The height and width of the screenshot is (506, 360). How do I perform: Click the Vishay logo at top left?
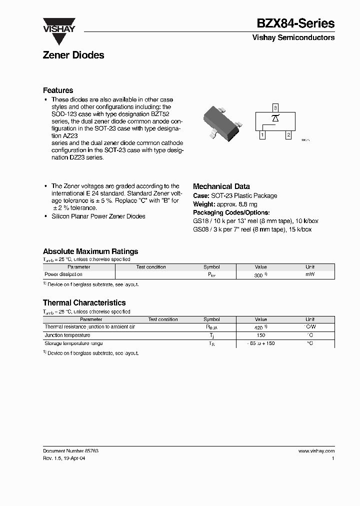click(x=58, y=25)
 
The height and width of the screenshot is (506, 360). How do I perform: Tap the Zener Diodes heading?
click(x=73, y=55)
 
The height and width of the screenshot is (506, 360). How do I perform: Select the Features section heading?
click(x=58, y=90)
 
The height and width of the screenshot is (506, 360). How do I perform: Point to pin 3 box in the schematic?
click(x=275, y=107)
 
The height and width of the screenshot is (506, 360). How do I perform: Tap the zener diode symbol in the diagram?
click(x=275, y=118)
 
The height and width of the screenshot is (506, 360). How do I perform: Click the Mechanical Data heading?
click(x=221, y=186)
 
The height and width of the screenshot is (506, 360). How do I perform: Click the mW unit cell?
click(x=310, y=274)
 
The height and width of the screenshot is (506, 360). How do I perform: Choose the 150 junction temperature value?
click(x=260, y=335)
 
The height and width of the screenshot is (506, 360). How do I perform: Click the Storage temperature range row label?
click(x=73, y=343)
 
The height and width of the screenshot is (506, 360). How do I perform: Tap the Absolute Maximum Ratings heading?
click(x=90, y=251)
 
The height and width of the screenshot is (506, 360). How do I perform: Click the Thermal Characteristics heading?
click(x=84, y=303)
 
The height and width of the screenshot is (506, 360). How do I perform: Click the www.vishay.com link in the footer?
click(x=316, y=450)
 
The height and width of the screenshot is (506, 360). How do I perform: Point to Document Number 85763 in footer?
click(x=70, y=450)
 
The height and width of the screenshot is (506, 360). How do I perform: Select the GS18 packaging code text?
click(x=199, y=220)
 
